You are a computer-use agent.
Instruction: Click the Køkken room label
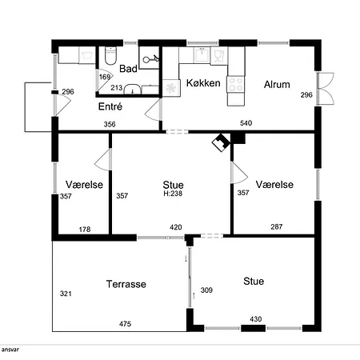point(203,83)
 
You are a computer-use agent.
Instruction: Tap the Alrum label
point(277,85)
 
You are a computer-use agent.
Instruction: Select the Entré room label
point(110,106)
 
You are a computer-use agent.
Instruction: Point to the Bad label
point(128,69)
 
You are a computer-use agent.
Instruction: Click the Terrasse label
point(126,284)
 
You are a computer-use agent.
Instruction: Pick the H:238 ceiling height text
point(173,194)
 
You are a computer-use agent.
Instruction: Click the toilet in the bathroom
point(110,56)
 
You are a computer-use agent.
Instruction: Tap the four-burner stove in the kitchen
point(235,84)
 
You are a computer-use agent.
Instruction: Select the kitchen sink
point(202,55)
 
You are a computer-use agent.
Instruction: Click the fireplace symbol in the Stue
point(221,142)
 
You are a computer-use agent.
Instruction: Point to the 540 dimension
point(246,123)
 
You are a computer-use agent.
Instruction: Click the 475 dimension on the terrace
point(125,324)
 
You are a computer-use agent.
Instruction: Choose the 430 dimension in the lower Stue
point(256,319)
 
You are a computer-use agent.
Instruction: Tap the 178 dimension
point(85,230)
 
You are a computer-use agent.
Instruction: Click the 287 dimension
point(277,226)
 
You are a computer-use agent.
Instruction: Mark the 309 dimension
point(206,290)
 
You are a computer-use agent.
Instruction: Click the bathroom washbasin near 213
point(133,90)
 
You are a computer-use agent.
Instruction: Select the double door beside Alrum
point(326,88)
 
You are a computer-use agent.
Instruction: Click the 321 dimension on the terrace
point(66,294)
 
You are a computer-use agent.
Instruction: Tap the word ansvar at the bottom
point(10,350)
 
